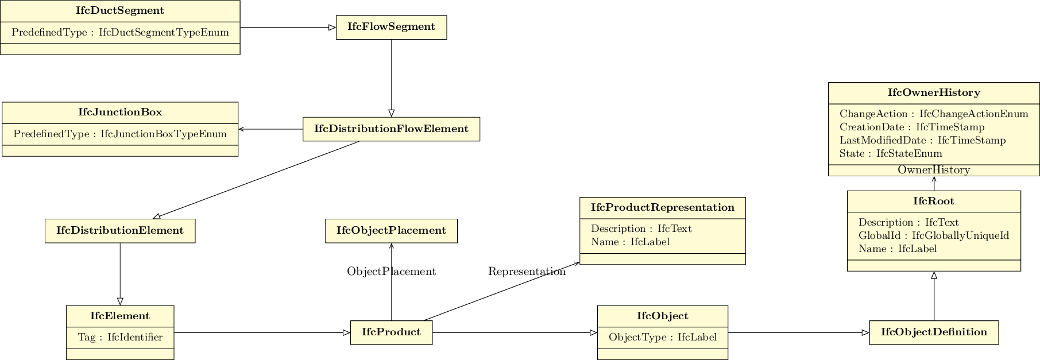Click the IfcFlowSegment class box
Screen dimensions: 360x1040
391,27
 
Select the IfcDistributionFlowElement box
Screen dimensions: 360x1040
391,129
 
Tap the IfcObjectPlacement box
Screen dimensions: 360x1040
391,231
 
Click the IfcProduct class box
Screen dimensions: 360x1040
391,332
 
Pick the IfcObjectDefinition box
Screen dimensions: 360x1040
934,332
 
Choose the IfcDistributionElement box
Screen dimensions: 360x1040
120,231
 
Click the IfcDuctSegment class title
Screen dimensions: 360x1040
120,11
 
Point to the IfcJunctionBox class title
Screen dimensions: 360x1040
120,113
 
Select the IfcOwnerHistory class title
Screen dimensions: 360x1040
934,93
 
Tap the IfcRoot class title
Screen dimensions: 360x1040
934,202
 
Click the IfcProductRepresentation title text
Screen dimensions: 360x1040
662,208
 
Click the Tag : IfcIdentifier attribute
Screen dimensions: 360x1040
120,338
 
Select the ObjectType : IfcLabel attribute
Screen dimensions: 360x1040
662,338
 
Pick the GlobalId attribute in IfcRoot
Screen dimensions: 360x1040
933,235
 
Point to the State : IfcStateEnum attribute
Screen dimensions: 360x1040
890,154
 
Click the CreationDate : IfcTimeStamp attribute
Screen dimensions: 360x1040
911,127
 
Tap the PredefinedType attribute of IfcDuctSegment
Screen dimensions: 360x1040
120,33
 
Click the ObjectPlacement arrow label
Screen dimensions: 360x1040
391,272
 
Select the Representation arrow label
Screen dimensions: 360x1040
526,272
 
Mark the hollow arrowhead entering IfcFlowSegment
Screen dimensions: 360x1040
332,28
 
